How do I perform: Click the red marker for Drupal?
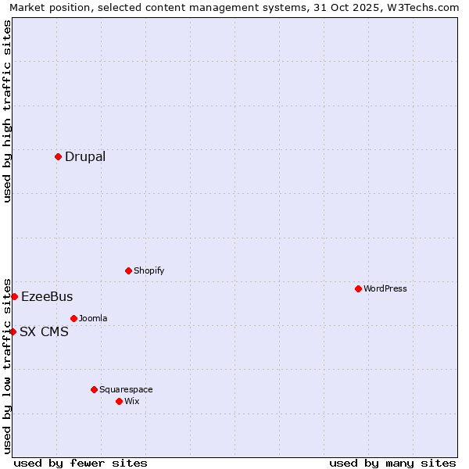pyautogui.click(x=58, y=156)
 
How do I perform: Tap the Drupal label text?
pyautogui.click(x=85, y=156)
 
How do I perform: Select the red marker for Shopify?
pyautogui.click(x=128, y=270)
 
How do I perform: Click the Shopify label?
pyautogui.click(x=149, y=270)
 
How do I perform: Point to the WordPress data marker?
pyautogui.click(x=358, y=288)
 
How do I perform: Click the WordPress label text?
pyautogui.click(x=385, y=288)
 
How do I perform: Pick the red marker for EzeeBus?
pyautogui.click(x=14, y=296)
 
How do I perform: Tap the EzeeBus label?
pyautogui.click(x=47, y=296)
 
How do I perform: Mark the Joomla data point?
pyautogui.click(x=73, y=318)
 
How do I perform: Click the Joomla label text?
pyautogui.click(x=93, y=318)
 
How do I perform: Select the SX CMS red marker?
pyautogui.click(x=13, y=331)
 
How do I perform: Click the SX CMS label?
pyautogui.click(x=44, y=331)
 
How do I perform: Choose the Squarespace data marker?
pyautogui.click(x=94, y=389)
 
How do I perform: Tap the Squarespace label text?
pyautogui.click(x=126, y=389)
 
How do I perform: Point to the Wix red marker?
pyautogui.click(x=119, y=401)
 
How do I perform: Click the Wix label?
pyautogui.click(x=132, y=401)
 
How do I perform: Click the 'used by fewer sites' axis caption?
pyautogui.click(x=81, y=463)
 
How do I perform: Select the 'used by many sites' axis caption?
pyautogui.click(x=392, y=463)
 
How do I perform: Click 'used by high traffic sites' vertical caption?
pyautogui.click(x=7, y=111)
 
